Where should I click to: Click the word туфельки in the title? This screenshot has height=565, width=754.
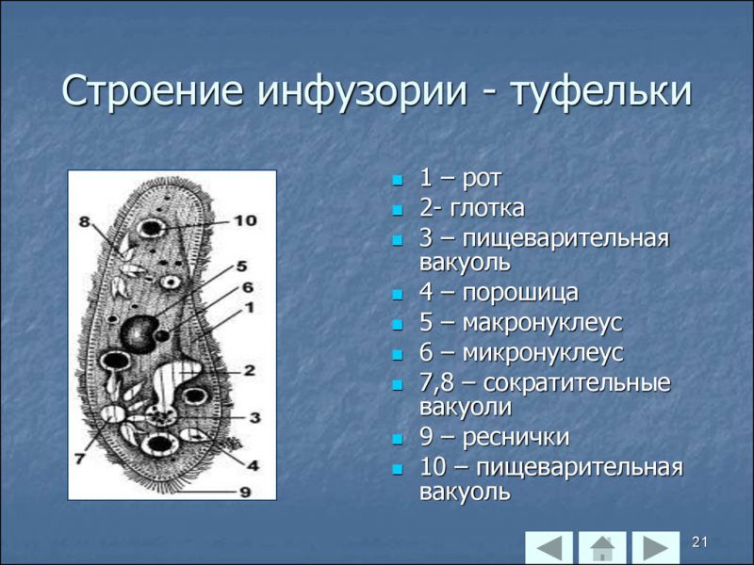[601, 92]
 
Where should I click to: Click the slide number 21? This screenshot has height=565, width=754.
[699, 541]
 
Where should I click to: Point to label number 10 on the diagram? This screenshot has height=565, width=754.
[244, 220]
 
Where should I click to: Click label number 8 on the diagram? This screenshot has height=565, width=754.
[84, 222]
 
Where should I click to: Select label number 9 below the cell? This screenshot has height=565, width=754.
[244, 491]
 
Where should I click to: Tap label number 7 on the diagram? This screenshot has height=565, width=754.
[79, 459]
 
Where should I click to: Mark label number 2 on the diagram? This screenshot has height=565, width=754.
[249, 370]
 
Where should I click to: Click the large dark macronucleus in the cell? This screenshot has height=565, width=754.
[140, 332]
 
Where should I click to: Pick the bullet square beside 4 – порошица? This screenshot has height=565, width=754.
[397, 294]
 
